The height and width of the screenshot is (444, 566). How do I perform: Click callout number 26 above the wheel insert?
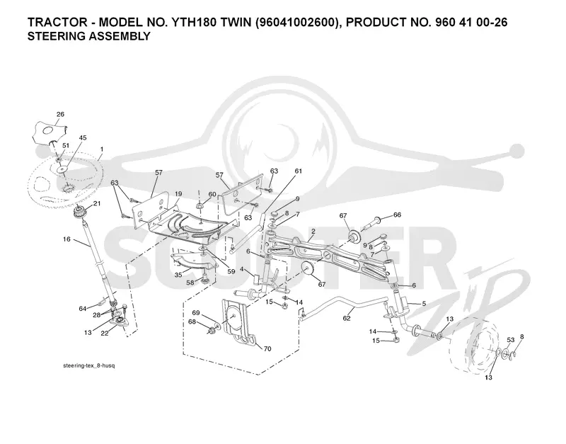click(60, 114)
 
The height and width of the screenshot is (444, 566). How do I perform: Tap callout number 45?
click(83, 137)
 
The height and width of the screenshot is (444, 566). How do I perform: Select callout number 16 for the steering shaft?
click(67, 239)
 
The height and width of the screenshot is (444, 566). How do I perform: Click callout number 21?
click(97, 203)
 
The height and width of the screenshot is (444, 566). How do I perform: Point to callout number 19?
click(178, 194)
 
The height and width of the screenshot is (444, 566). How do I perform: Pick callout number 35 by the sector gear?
click(178, 275)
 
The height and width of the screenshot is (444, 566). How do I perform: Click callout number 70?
click(267, 348)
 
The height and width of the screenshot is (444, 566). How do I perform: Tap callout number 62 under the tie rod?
click(347, 318)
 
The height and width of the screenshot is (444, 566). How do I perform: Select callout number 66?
click(397, 215)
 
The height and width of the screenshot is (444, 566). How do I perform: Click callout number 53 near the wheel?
click(510, 340)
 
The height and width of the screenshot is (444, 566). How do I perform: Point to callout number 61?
click(298, 171)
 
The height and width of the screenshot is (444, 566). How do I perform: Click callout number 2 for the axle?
click(313, 231)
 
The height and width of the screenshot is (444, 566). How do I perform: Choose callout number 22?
click(105, 333)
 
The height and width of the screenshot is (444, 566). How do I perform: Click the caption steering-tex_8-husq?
click(89, 365)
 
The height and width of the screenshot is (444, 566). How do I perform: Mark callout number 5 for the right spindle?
click(424, 304)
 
